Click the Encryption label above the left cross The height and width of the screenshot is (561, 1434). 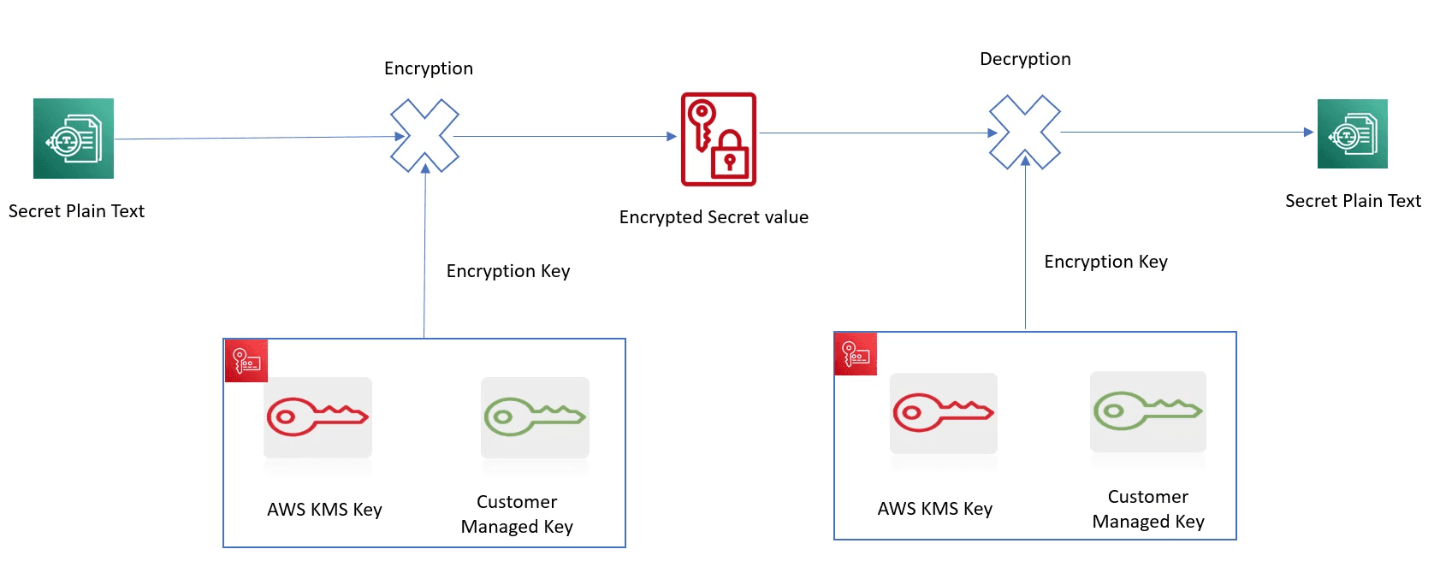[429, 68]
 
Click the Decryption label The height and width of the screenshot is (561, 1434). [1025, 59]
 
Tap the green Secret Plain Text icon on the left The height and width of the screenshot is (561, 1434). [74, 139]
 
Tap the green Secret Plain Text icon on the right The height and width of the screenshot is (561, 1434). [1352, 134]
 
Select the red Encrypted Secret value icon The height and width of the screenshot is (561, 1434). [719, 139]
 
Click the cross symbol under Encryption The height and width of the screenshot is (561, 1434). [425, 136]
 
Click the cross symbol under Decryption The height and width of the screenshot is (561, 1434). [1025, 132]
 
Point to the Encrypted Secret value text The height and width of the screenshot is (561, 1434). [714, 217]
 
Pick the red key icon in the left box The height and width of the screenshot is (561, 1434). [317, 417]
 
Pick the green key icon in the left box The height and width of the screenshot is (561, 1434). [535, 417]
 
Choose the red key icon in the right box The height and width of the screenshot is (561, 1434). [944, 413]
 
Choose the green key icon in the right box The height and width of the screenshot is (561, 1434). [1148, 411]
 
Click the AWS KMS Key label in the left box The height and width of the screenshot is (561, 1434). [324, 510]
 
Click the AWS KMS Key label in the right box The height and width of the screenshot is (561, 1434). [934, 509]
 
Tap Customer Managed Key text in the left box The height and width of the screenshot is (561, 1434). [517, 514]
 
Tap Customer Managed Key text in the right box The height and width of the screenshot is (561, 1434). [1148, 509]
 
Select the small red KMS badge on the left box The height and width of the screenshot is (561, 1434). [246, 361]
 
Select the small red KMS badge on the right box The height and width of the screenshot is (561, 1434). [856, 354]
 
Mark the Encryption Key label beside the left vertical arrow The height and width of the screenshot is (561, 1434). [507, 271]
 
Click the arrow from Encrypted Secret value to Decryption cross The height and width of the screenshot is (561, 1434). [873, 133]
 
